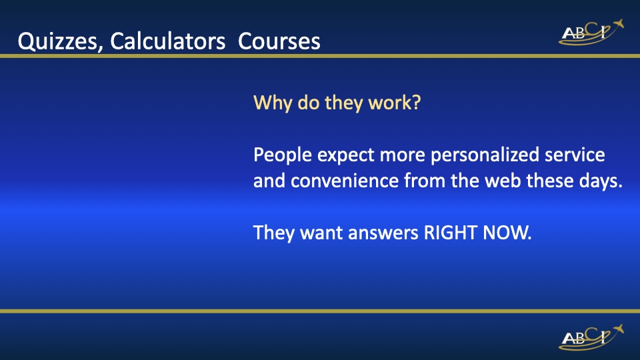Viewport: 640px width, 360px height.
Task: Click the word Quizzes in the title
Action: pyautogui.click(x=57, y=41)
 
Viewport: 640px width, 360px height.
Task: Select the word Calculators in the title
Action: pyautogui.click(x=167, y=41)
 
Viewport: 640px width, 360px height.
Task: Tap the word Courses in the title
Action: pyautogui.click(x=279, y=41)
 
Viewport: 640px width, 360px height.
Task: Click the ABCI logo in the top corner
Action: pyautogui.click(x=591, y=32)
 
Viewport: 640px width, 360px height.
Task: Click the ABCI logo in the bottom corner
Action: pyautogui.click(x=591, y=337)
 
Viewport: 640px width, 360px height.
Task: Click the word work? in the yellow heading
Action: pyautogui.click(x=394, y=103)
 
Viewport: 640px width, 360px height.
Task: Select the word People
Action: pyautogui.click(x=283, y=155)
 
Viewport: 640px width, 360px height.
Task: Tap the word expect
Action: pyautogui.click(x=346, y=156)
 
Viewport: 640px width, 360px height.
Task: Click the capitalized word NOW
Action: pyautogui.click(x=507, y=233)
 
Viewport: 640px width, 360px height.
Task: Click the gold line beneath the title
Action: pyautogui.click(x=320, y=56)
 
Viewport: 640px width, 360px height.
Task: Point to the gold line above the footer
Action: pyautogui.click(x=320, y=311)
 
